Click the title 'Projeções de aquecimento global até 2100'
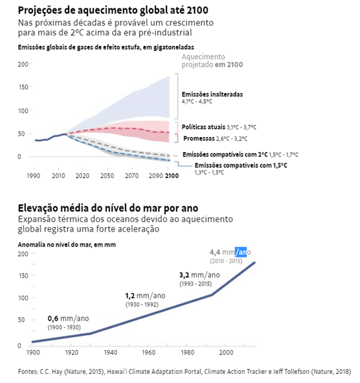[113, 11]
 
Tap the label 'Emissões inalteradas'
[212, 94]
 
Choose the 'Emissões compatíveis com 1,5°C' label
[240, 166]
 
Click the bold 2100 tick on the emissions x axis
[171, 176]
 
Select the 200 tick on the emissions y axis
[24, 64]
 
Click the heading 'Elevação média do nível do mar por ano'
[107, 207]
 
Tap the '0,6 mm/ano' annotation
[68, 318]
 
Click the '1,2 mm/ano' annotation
[145, 296]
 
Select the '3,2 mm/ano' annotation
[199, 275]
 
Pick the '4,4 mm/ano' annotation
[229, 252]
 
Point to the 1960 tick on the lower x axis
[148, 352]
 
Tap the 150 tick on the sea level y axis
[24, 276]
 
